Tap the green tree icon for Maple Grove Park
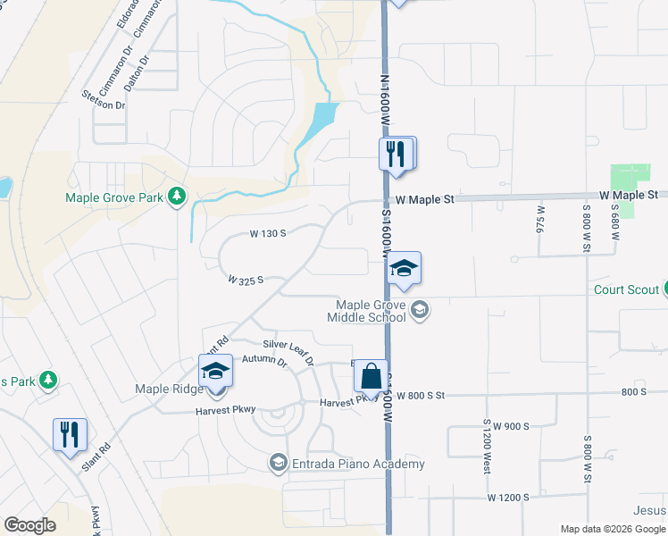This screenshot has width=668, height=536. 178,196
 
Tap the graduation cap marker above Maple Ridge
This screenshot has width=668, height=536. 215,371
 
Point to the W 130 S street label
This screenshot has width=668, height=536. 267,233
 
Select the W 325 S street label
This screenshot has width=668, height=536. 246,280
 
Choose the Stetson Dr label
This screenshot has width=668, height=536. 104,99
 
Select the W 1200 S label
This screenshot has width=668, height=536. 508,497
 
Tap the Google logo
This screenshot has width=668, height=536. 29,525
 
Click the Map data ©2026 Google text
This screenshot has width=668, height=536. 613,529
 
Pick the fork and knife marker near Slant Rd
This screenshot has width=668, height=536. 70,435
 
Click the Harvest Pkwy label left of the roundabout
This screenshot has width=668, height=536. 226,410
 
